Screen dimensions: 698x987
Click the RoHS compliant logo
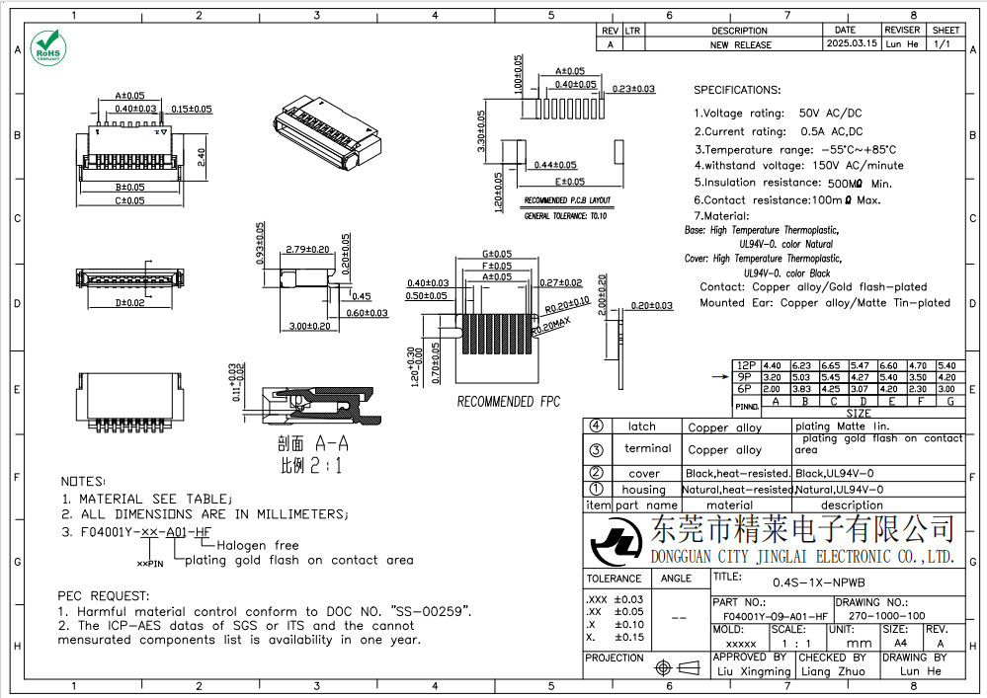point(46,46)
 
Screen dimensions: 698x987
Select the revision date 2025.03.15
point(851,44)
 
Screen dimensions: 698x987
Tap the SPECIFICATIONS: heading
point(736,90)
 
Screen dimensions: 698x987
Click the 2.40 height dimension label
point(201,157)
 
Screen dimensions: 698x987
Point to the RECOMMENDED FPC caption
point(508,402)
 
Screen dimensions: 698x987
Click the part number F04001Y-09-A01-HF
point(770,615)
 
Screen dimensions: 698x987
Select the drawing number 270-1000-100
point(887,615)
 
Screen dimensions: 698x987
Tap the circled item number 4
point(596,426)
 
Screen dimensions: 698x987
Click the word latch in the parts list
point(641,427)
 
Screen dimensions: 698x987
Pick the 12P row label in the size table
point(746,365)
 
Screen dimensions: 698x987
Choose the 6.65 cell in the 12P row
point(831,365)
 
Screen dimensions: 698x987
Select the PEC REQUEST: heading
point(103,595)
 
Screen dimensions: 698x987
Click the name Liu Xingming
point(753,671)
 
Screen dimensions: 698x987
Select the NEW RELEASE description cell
point(740,44)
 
